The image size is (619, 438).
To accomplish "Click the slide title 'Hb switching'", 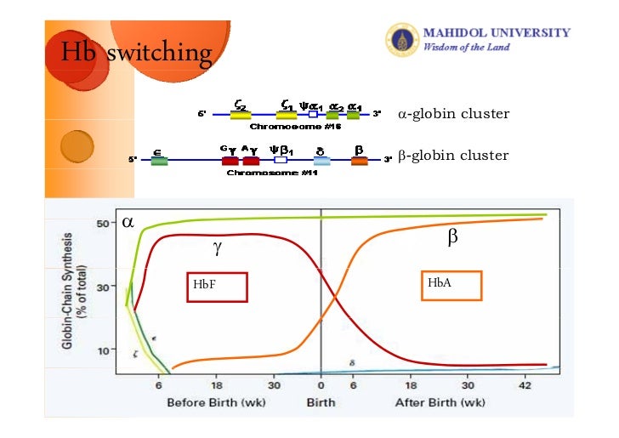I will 135,53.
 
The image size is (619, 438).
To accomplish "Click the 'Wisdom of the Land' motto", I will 467,47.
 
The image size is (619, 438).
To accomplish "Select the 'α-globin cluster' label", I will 453,113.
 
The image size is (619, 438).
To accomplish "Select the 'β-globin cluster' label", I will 453,156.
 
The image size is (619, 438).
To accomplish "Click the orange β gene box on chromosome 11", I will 360,161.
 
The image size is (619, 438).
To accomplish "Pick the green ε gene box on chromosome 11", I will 159,161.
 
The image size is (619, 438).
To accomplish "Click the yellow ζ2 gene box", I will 241,114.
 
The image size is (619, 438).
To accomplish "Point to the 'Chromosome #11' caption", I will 260,173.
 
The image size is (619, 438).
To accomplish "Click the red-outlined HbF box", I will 217,287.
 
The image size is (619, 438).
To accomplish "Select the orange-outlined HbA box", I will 451,285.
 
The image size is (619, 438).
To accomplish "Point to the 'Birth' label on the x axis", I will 321,402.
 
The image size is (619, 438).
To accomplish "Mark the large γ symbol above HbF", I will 217,247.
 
